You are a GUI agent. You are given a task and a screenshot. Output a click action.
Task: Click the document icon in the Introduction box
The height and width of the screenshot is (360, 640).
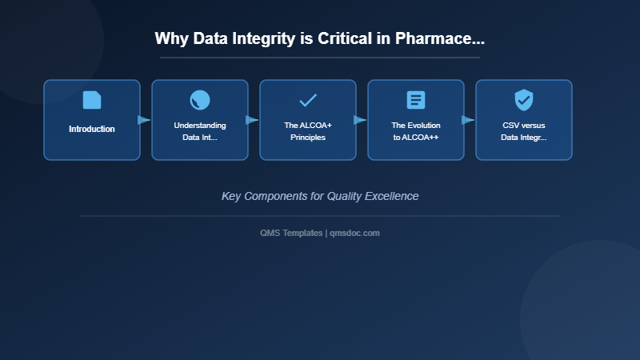coord(92,100)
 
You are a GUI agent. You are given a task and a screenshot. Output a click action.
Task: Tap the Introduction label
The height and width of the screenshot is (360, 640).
coord(92,129)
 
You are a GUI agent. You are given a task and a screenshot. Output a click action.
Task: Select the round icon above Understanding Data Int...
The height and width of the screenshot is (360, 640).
coord(200,100)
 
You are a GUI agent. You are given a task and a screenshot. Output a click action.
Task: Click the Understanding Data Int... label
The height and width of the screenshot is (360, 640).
coord(200,131)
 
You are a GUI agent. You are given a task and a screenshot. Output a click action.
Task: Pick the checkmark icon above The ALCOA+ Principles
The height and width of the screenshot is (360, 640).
coord(308,100)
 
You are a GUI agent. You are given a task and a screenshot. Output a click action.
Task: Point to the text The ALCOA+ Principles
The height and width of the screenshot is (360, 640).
coord(308,131)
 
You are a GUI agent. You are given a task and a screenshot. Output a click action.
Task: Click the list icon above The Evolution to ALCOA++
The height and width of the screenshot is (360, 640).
coord(416,100)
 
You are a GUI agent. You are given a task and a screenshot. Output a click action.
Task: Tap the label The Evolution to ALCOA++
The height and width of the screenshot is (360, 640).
coord(416,131)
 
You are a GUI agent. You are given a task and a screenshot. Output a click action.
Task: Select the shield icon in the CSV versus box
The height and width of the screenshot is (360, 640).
coord(524,100)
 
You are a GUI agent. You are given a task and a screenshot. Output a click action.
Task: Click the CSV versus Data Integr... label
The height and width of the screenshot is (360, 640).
coord(524,131)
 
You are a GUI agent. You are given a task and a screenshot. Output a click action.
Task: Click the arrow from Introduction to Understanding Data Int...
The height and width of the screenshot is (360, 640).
coord(144,120)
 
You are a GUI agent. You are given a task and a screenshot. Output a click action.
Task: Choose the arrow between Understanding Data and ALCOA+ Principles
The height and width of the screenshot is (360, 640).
coord(252,120)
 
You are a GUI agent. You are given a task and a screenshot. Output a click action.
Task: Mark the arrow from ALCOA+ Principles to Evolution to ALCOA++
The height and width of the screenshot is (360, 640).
coord(360,120)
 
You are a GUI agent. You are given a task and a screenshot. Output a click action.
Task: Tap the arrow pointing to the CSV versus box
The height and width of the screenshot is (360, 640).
coord(468,120)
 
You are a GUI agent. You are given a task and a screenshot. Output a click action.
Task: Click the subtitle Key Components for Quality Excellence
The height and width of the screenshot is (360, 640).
coord(320,196)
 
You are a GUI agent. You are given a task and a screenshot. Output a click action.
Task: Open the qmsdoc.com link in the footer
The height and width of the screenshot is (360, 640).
coord(355,233)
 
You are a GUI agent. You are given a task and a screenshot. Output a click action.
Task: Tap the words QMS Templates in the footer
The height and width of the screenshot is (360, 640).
coord(292,233)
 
